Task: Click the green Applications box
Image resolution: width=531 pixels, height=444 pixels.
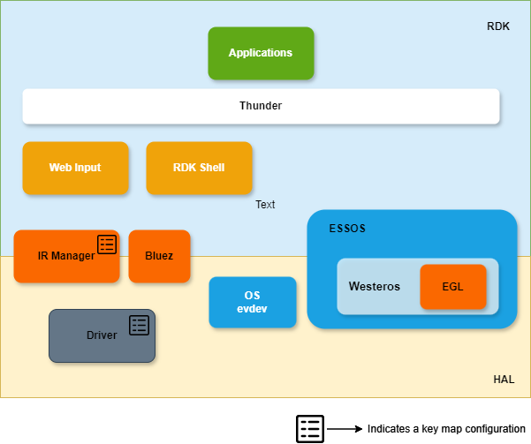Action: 261,53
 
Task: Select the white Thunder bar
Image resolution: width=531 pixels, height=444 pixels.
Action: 261,106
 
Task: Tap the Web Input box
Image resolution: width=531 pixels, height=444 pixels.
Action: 75,168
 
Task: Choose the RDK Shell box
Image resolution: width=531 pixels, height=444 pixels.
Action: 199,168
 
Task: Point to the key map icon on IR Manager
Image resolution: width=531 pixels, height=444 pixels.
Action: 107,245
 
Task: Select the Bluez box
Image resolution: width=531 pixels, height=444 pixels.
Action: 159,256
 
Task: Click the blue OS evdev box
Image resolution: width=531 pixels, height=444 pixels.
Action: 252,302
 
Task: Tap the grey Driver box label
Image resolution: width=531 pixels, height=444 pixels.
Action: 102,335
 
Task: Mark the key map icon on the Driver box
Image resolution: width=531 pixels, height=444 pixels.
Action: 140,325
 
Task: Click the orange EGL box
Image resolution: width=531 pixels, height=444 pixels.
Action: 453,287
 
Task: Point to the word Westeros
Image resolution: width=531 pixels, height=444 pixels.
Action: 375,287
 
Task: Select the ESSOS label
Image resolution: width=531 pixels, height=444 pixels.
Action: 348,229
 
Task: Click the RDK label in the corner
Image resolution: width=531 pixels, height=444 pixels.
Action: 498,26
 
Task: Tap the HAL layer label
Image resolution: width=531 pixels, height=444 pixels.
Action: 504,380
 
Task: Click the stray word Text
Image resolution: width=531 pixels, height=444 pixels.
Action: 265,205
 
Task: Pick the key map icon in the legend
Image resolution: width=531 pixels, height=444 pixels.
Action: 309,429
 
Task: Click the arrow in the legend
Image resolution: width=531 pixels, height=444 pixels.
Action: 345,429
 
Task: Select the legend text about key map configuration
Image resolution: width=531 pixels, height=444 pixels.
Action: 446,429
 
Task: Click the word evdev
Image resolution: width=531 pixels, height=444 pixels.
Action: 252,309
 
